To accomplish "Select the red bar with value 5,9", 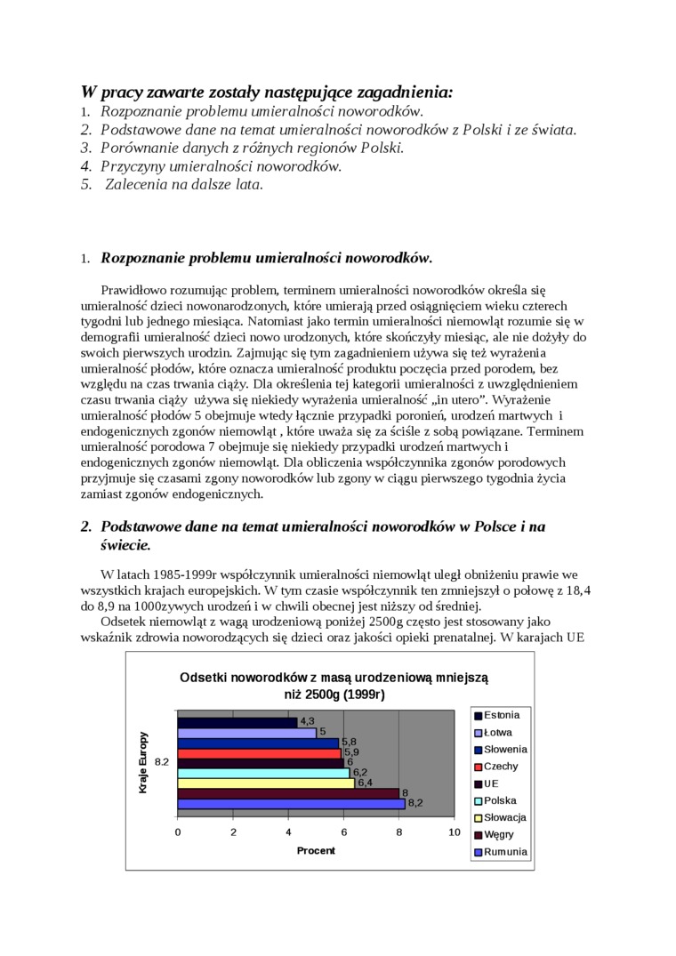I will click(260, 753).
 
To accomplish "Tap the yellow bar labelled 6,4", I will click(266, 783).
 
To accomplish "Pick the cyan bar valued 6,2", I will click(263, 773).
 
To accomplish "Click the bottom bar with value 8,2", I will click(291, 804).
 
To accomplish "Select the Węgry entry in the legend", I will click(498, 835).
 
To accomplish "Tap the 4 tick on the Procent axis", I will click(288, 832).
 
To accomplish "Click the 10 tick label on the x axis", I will click(455, 832).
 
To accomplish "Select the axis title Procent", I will click(316, 851).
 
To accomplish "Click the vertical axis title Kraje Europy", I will click(143, 762).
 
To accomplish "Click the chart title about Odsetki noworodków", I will click(334, 686).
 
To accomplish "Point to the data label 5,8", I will click(349, 742).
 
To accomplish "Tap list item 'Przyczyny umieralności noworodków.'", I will click(221, 166).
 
